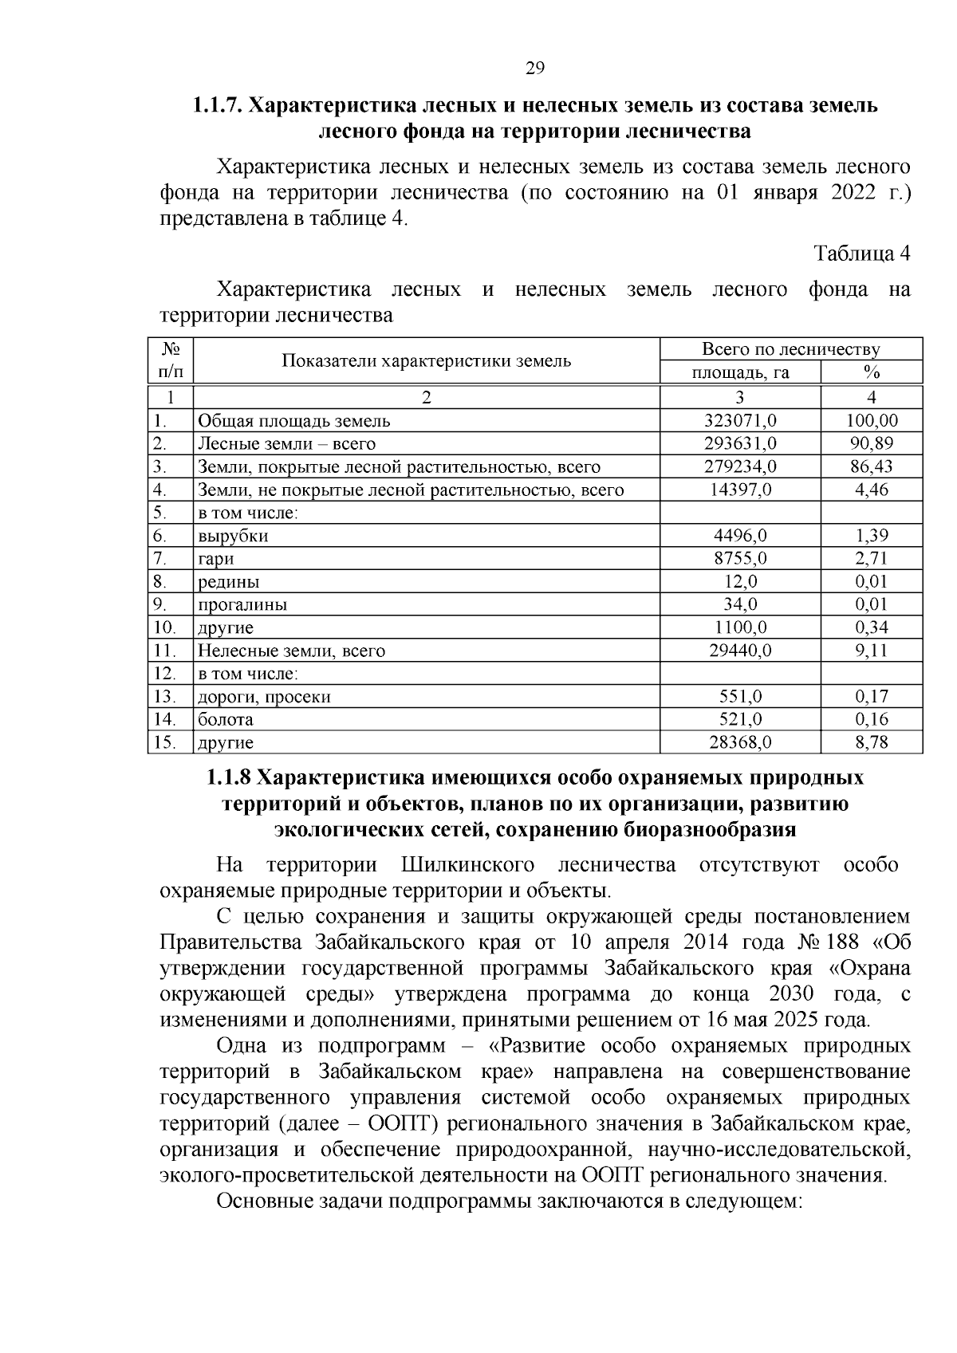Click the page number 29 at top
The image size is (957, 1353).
coord(535,69)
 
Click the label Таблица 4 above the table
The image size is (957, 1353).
coord(861,254)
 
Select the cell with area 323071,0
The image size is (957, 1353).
coord(740,420)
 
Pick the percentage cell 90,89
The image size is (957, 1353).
coord(871,443)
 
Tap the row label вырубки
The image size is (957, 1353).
coord(233,536)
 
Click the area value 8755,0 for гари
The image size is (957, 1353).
coord(740,558)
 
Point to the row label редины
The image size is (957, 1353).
coord(228,582)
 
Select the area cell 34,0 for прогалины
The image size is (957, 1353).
coord(740,604)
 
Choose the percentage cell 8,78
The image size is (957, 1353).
coord(871,742)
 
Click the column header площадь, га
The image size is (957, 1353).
coord(740,372)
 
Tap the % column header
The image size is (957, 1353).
coord(871,372)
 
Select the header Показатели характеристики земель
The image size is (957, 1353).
coord(426,360)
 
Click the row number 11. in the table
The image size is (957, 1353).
coord(164,651)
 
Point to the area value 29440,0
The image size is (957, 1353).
coord(740,651)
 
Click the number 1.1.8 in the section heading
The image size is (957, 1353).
coord(230,777)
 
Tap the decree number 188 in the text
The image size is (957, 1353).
coord(843,942)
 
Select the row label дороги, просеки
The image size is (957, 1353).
coord(264,697)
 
